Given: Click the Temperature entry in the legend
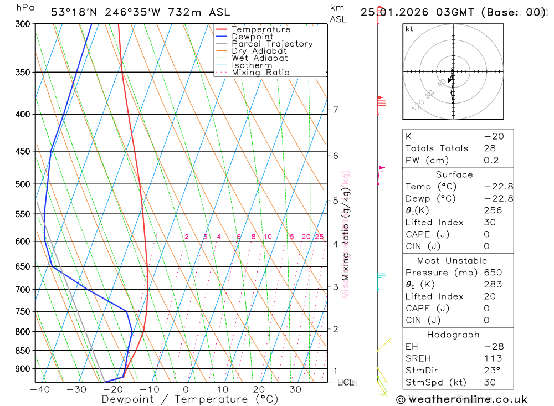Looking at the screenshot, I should [x=260, y=29].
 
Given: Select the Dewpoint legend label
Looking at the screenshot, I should [x=252, y=37].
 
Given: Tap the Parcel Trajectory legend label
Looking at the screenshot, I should [x=272, y=44].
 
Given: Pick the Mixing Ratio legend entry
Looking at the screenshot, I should [x=260, y=73].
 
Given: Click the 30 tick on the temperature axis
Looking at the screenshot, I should [x=295, y=389].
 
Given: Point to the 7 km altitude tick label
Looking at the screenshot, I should [x=335, y=110].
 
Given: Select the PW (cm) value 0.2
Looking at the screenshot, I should [x=491, y=161].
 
